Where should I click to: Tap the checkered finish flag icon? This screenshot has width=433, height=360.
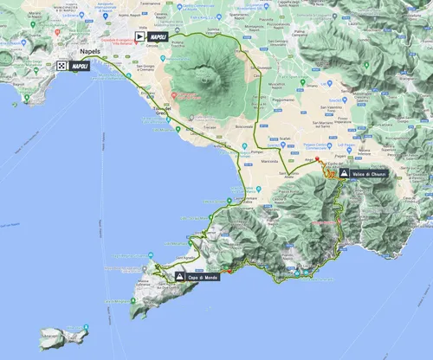click(62, 66)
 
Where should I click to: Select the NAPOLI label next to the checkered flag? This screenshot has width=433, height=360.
click(81, 66)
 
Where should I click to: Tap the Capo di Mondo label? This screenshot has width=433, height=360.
click(204, 277)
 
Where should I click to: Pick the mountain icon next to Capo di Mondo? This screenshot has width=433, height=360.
click(179, 277)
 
